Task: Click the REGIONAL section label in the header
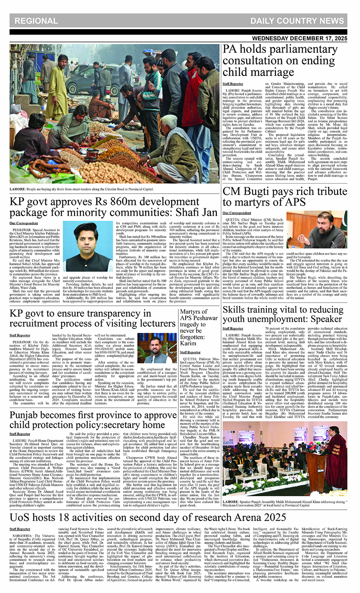[36, 21]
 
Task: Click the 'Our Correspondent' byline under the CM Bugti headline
[236, 213]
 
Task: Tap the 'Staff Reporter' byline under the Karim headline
[190, 353]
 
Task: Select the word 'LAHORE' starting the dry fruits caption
[17, 189]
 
